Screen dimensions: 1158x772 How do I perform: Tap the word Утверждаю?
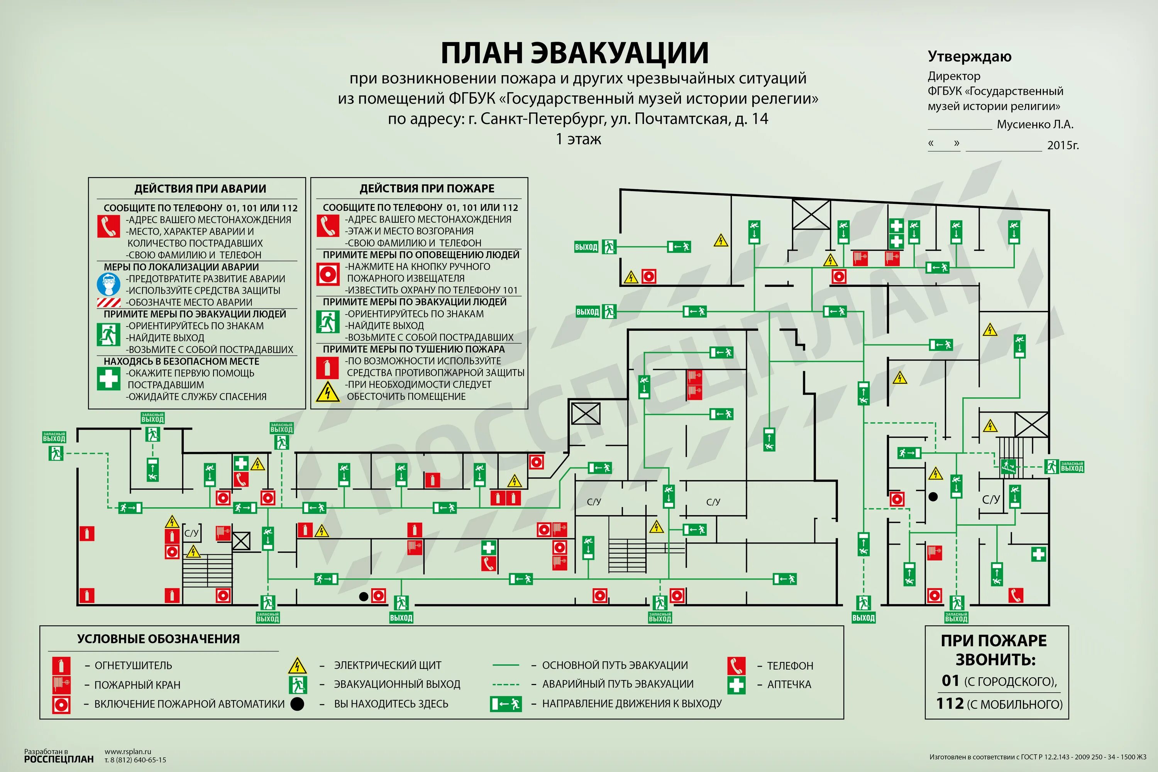[x=969, y=57]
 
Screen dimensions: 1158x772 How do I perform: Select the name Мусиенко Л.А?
[x=1035, y=125]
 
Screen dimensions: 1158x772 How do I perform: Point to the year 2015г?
[x=1063, y=145]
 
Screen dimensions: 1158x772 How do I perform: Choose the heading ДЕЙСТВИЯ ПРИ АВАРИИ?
[x=200, y=189]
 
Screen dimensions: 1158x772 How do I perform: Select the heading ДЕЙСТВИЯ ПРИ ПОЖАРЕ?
[x=427, y=189]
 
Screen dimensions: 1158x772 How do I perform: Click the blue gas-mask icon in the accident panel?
[x=108, y=284]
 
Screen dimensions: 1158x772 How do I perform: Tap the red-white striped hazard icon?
[x=108, y=302]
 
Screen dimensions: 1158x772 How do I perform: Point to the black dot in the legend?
[x=297, y=704]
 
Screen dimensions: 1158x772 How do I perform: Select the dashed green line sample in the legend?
[x=506, y=684]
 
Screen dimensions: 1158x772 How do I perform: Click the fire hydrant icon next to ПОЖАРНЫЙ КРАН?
[x=61, y=685]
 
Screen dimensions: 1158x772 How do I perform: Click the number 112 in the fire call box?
[x=950, y=704]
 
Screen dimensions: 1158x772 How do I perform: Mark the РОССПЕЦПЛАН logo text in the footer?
[x=59, y=760]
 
